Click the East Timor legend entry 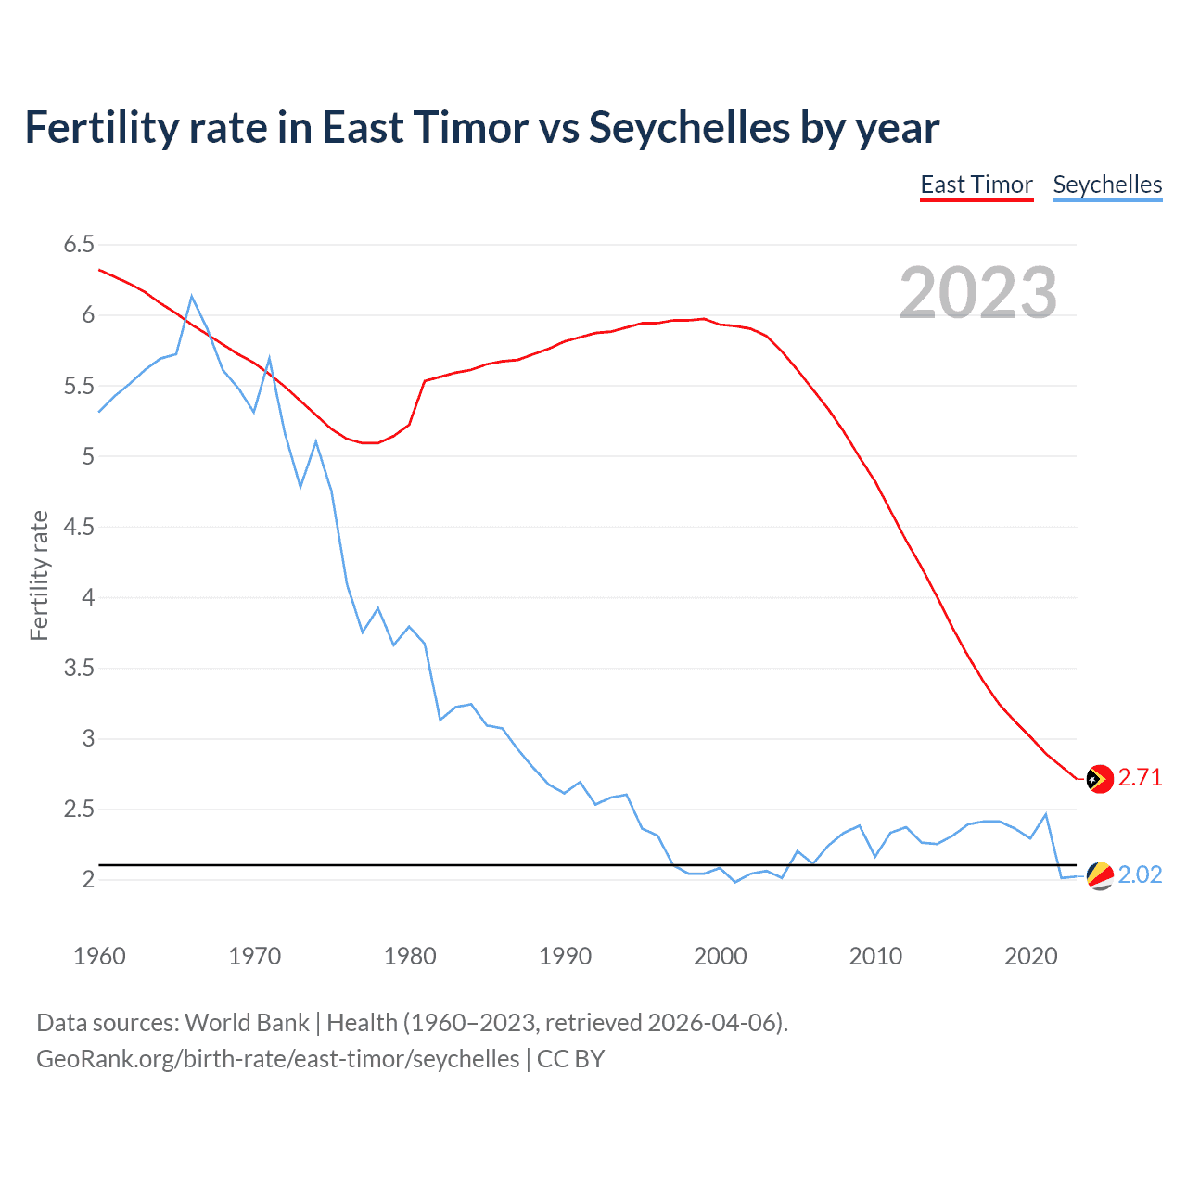point(976,185)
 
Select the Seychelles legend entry point(1107,185)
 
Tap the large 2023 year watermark point(978,293)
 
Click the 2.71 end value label point(1140,777)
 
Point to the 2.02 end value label point(1140,874)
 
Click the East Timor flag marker point(1100,779)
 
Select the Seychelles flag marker point(1100,875)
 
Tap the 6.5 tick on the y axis point(79,245)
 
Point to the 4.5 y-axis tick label point(79,527)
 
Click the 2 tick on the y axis point(88,879)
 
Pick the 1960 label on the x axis point(99,956)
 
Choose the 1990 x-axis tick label point(565,956)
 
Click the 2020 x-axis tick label point(1030,956)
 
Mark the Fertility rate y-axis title point(39,575)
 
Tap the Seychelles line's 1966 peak point(192,297)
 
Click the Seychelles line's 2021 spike point(1046,814)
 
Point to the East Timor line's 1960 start point(100,270)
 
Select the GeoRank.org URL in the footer point(277,1059)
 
